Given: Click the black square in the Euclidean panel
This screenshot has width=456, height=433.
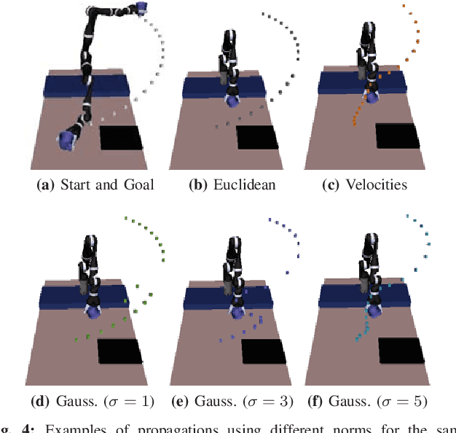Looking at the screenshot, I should (260, 138).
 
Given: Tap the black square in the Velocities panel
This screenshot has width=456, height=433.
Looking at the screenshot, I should (397, 136).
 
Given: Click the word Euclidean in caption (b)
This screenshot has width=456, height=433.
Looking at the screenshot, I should (244, 184).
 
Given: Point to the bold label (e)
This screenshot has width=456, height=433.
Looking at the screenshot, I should (180, 401).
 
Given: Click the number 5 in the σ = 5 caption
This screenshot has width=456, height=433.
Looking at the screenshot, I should (417, 401).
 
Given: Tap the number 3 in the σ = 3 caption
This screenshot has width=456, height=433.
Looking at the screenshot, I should (280, 401).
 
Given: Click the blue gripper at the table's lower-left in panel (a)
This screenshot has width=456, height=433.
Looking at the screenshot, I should (69, 139).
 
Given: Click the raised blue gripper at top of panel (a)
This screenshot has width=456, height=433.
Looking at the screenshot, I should (141, 8).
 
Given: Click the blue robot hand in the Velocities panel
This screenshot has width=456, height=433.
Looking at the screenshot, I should (372, 95).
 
